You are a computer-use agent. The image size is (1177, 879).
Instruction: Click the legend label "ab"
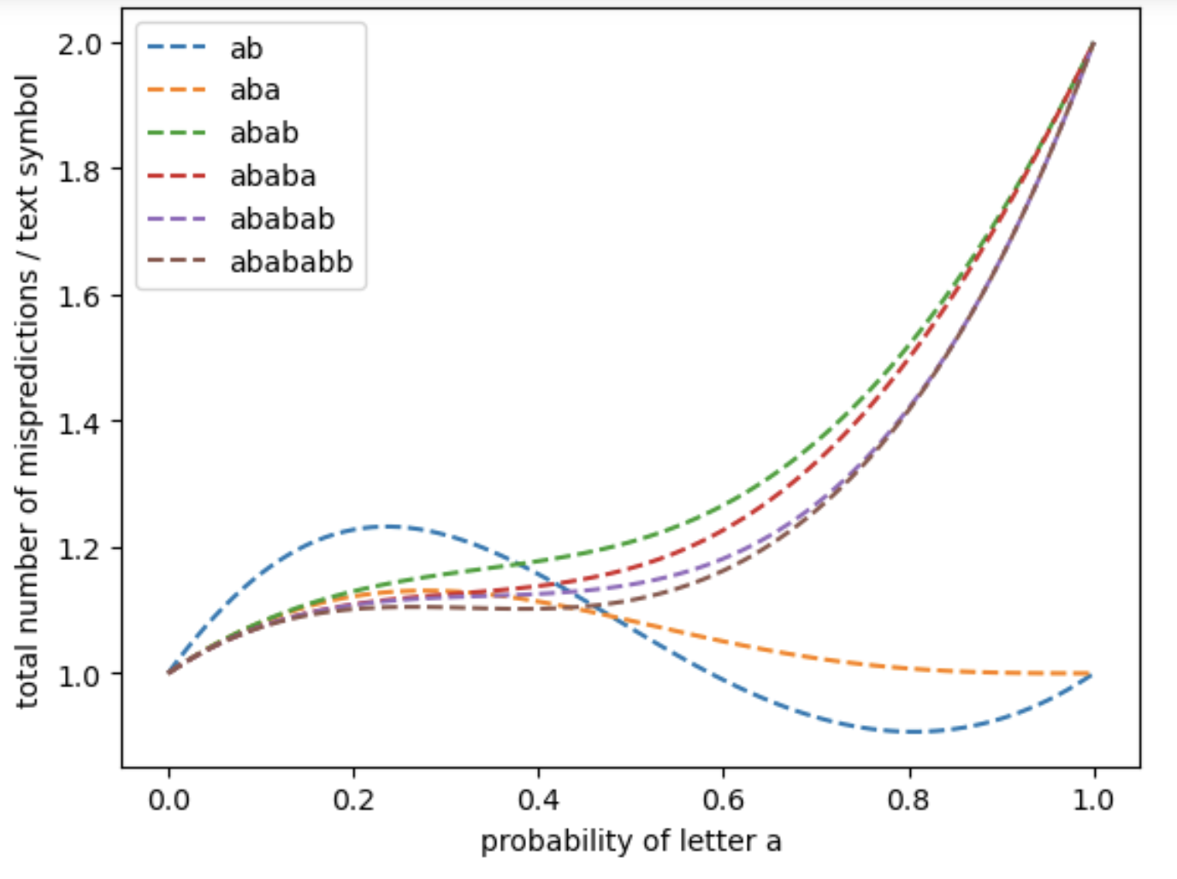coord(246,49)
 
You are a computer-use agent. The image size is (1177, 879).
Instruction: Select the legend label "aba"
coord(255,91)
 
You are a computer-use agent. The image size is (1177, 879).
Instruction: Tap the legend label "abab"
coord(264,133)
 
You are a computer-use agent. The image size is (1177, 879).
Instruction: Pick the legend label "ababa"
coord(273,176)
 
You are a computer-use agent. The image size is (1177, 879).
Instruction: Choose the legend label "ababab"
coord(282,219)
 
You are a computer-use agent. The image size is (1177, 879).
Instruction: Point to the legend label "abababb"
coord(291,262)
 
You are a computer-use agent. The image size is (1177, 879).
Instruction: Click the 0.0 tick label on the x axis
coord(169,800)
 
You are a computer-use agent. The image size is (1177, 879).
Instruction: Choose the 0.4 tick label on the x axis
coord(539,800)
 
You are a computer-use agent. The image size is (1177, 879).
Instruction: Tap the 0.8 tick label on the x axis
coord(908,800)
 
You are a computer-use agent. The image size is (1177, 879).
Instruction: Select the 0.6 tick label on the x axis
coord(724,800)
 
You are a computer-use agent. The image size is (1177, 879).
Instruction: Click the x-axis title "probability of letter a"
coord(631,841)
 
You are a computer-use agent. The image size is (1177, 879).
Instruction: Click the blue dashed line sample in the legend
coord(177,48)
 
